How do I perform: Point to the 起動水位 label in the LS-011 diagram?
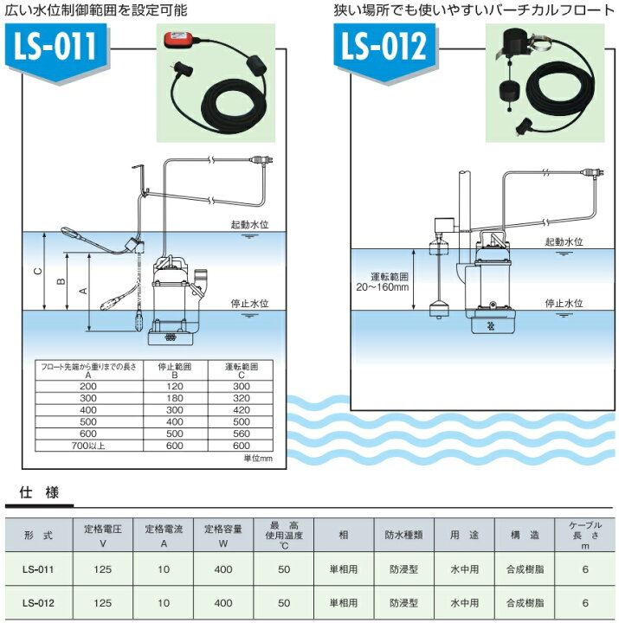coord(251,223)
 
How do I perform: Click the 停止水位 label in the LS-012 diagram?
coord(563,304)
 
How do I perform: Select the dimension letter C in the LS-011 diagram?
coord(36,271)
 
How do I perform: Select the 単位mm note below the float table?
coord(258,458)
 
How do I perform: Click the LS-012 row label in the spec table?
coord(39,601)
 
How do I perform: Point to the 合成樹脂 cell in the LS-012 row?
coord(526,601)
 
